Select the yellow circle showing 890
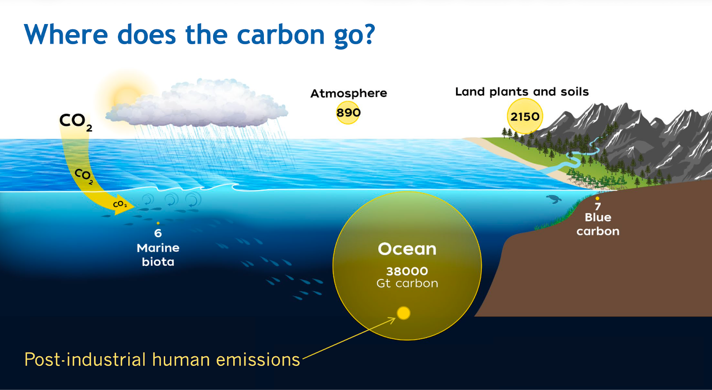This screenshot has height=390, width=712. click(x=348, y=113)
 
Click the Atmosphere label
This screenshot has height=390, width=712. click(x=349, y=93)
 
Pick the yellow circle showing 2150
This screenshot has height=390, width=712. click(x=525, y=116)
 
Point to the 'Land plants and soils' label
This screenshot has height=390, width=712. click(x=522, y=92)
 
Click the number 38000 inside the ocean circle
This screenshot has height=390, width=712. click(x=407, y=271)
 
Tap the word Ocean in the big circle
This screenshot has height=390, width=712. click(x=407, y=249)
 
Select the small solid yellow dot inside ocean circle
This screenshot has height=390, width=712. click(x=403, y=313)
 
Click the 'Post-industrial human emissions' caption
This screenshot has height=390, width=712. click(x=162, y=359)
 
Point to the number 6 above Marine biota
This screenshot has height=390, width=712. click(x=158, y=233)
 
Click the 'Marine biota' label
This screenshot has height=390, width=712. click(x=158, y=255)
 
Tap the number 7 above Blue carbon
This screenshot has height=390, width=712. click(x=598, y=207)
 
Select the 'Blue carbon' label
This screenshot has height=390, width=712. click(x=598, y=224)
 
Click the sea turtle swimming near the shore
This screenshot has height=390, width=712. click(x=554, y=199)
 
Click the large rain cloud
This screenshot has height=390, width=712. click(x=197, y=103)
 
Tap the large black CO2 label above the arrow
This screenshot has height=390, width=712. click(x=76, y=122)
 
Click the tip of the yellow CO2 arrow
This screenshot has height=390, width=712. click(x=135, y=206)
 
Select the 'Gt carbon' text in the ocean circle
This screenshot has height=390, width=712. click(x=407, y=283)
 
